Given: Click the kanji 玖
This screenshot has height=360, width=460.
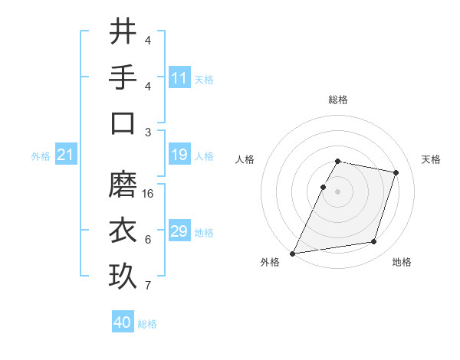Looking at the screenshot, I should tap(123, 276).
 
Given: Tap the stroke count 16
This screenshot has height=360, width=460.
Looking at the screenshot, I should tap(148, 193).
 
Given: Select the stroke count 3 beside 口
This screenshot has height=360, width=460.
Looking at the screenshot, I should tap(148, 132).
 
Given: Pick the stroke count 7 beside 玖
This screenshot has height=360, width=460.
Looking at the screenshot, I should tap(148, 286).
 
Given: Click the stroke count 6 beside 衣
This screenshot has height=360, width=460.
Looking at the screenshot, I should tap(148, 240).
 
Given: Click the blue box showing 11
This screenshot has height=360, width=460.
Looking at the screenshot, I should tap(179, 79).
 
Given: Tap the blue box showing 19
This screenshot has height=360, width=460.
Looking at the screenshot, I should tap(179, 155).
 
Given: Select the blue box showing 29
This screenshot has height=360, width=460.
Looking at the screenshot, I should tap(179, 232).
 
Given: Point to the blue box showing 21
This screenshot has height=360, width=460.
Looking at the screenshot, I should tap(65, 155).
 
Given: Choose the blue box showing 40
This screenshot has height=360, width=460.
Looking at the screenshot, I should tap(123, 322).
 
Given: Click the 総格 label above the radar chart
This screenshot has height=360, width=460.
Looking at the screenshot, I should tap(337, 100).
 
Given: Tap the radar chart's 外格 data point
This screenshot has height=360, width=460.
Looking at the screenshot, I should tap(293, 253).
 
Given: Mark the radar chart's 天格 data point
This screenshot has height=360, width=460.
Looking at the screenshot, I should tap(396, 172).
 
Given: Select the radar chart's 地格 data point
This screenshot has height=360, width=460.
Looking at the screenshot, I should tap(374, 242).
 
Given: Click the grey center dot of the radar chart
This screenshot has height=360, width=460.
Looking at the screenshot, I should tap(337, 191).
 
